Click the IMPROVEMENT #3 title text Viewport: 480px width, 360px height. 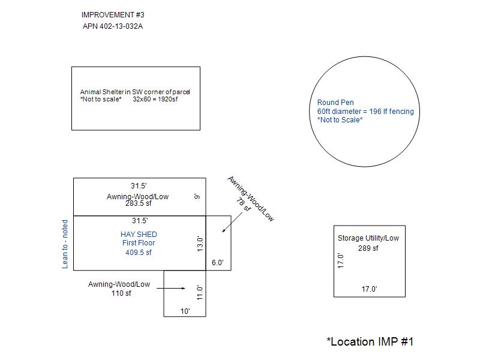(x=113, y=14)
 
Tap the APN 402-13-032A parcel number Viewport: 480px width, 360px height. (x=113, y=26)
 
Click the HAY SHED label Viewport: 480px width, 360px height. (x=139, y=234)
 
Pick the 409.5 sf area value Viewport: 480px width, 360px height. (x=139, y=253)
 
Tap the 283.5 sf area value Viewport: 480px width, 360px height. (x=139, y=203)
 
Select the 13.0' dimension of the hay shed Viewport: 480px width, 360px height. (x=201, y=244)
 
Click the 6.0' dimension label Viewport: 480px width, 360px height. (x=218, y=263)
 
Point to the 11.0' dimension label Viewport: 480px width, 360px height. (x=201, y=292)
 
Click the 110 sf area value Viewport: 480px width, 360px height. (x=121, y=293)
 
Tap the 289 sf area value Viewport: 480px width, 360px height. (x=368, y=248)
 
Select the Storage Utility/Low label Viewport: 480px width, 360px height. (x=368, y=238)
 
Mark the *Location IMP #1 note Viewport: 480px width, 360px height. (x=370, y=341)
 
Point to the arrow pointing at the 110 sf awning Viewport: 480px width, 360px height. (x=174, y=289)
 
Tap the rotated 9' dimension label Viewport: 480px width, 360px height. (x=196, y=196)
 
